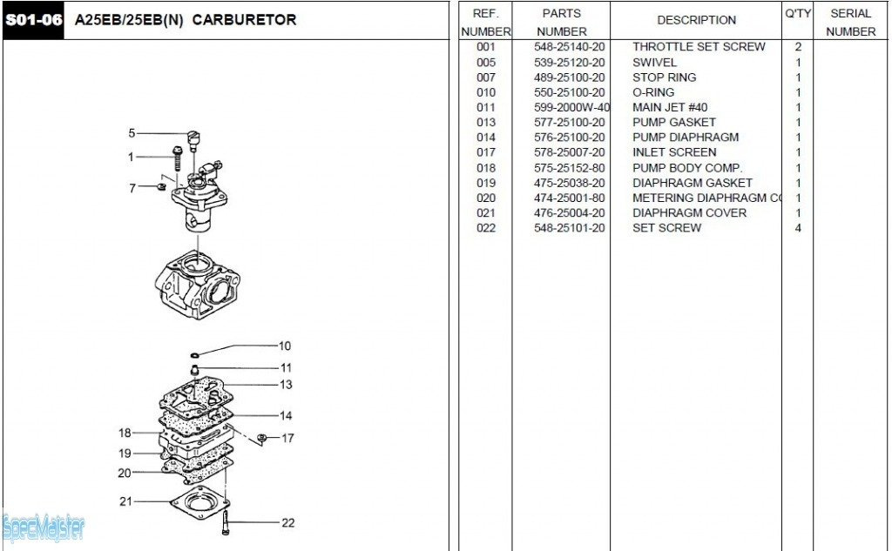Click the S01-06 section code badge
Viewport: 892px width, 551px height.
33,20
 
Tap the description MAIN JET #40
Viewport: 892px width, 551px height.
670,107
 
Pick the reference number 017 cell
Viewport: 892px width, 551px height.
486,152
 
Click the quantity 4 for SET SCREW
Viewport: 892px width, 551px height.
798,228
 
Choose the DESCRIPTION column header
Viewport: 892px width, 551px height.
696,20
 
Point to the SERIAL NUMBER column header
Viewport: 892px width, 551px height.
850,22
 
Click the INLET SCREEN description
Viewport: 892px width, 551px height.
674,152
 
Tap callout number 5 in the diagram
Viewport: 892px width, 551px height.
132,133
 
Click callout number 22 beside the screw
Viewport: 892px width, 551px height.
287,523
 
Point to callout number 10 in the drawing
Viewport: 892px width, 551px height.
285,346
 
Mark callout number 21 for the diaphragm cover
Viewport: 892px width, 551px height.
125,501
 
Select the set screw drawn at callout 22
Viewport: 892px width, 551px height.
226,523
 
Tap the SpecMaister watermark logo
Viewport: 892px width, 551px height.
44,527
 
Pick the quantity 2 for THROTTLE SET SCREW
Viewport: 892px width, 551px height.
798,47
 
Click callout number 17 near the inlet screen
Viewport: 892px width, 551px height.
287,438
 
